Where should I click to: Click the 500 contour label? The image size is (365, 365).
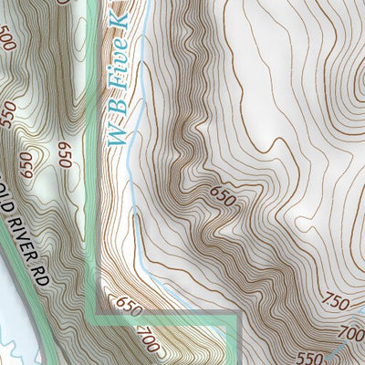pos(8,40)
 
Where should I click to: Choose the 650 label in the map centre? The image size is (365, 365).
pos(223,193)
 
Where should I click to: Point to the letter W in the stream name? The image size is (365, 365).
pos(115,136)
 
